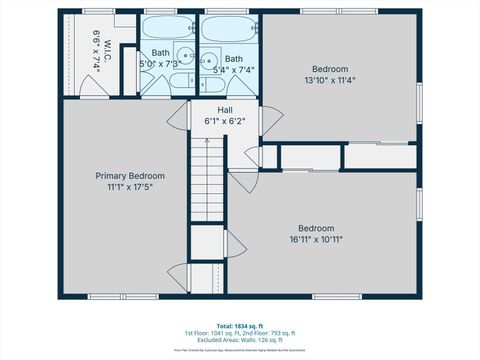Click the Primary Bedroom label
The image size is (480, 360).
coord(130,175)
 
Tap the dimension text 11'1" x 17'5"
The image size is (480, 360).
coord(130,187)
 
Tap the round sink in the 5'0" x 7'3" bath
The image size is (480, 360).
coord(186,58)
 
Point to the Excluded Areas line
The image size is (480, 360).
coord(239,341)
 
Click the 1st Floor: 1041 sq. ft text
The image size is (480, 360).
coord(210,332)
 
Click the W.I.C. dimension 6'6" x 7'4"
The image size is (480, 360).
coord(95,46)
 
